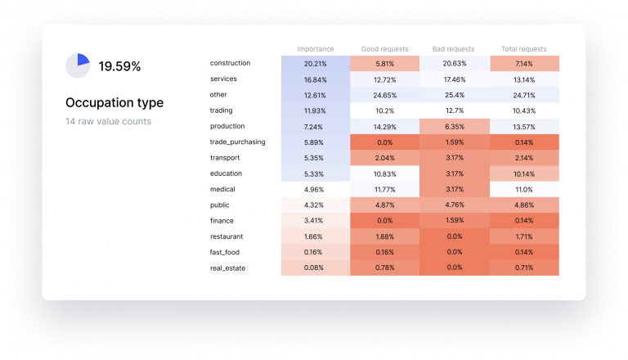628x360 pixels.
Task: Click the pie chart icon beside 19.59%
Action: pos(78,66)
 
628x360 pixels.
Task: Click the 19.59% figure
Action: pos(119,67)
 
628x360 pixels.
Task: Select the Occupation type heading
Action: pos(114,103)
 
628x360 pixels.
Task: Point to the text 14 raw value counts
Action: pos(110,122)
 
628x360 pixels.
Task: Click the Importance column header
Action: pos(315,49)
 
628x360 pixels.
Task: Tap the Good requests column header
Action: pos(384,49)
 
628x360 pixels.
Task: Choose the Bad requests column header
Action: pos(454,49)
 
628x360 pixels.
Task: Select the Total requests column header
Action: pos(524,49)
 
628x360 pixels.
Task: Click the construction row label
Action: pos(231,63)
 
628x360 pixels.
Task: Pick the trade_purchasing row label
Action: pos(237,142)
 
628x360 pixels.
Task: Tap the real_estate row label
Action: pos(228,268)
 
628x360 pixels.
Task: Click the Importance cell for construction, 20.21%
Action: pos(315,64)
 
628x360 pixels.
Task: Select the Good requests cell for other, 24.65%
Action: pos(384,95)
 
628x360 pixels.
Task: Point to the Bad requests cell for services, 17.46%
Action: pos(454,79)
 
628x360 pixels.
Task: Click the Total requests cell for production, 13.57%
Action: pos(524,127)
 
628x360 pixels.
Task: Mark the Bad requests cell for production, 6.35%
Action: pos(454,127)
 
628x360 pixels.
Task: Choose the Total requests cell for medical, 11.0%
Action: pos(524,189)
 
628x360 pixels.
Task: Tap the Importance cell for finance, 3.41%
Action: pos(315,221)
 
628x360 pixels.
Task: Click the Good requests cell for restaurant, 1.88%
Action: pos(384,236)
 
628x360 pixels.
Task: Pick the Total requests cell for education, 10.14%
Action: pos(524,173)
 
